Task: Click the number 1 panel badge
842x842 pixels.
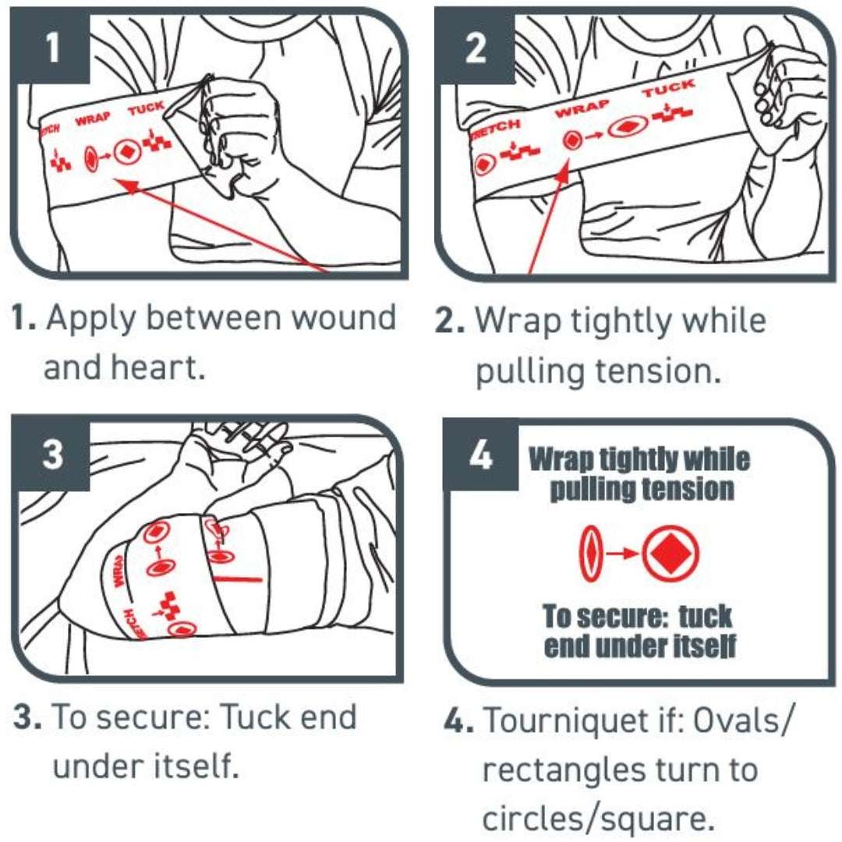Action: [x=51, y=48]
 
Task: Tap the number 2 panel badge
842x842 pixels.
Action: [x=475, y=48]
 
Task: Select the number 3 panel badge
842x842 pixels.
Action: [x=51, y=455]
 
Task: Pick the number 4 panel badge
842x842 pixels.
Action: [x=481, y=456]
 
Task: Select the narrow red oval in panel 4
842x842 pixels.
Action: [x=592, y=554]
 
